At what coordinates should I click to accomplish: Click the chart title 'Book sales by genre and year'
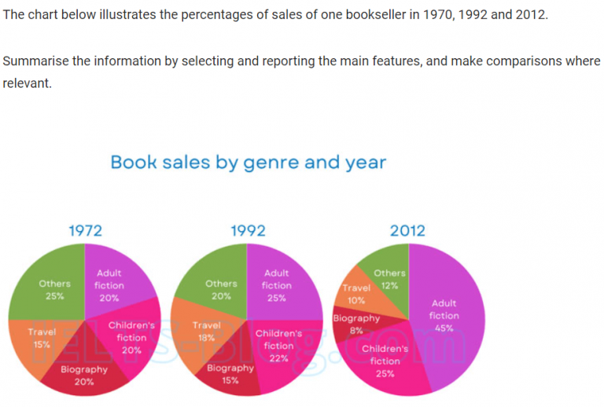coord(248,163)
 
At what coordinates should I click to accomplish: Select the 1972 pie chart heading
coord(85,230)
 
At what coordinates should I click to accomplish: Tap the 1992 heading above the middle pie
coord(248,230)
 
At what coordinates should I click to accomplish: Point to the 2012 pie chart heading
coord(407,230)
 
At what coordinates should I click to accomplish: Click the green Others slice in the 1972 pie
coord(51,287)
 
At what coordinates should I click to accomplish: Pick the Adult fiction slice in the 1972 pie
coord(114,283)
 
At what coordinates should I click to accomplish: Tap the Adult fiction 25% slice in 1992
coord(279,283)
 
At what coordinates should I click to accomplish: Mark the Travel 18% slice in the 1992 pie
coord(201,334)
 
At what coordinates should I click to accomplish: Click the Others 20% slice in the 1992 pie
coord(212,287)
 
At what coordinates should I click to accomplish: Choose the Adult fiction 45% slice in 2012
coord(448,314)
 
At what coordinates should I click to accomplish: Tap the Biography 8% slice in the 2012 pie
coord(354,324)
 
